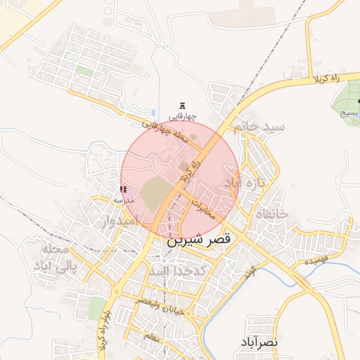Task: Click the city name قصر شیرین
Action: [x=199, y=240]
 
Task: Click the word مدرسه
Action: [x=124, y=200]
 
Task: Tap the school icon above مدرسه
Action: [x=124, y=190]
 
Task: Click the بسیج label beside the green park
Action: [x=349, y=112]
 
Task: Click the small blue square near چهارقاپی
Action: [x=154, y=112]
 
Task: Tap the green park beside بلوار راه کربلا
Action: [x=98, y=308]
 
